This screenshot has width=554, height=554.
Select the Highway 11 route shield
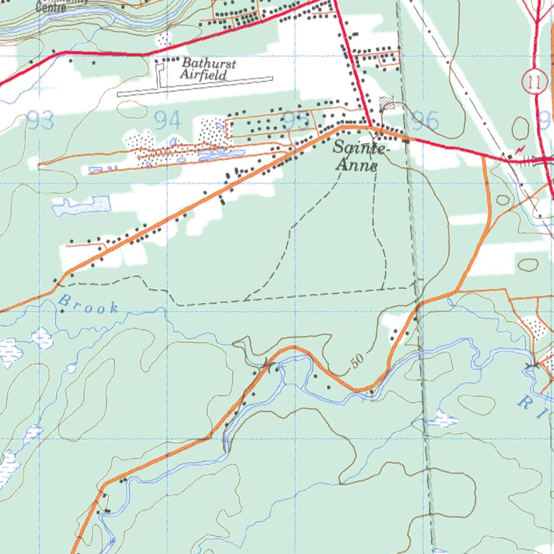[x=535, y=82]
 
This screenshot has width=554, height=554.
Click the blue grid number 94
[x=167, y=120]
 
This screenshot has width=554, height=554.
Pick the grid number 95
[x=296, y=121]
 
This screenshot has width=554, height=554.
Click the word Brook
[x=88, y=304]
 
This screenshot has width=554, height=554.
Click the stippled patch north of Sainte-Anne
[x=386, y=102]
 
